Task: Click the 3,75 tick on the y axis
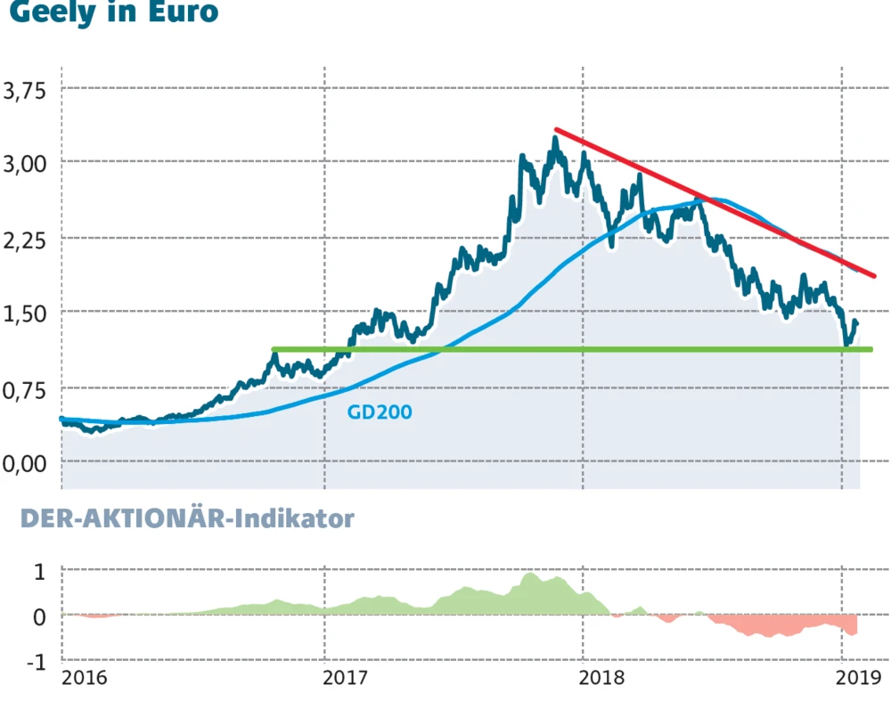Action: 26,90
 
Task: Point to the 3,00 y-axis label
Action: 26,164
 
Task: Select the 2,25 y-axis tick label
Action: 26,239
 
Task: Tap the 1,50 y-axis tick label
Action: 26,314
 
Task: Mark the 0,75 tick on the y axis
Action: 26,388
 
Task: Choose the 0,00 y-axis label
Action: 26,463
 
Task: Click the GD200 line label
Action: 380,412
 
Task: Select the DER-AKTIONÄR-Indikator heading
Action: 187,519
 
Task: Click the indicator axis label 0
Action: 38,616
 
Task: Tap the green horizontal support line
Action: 570,349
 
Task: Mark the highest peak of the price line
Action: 554,138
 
